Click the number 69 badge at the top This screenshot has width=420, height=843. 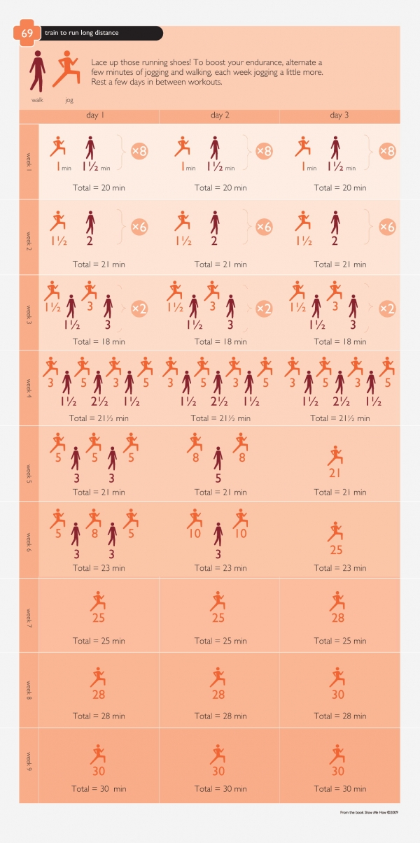click(x=27, y=33)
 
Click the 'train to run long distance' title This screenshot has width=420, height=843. click(x=81, y=33)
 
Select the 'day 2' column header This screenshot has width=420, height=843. click(x=220, y=115)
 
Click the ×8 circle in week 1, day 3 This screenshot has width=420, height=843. click(x=387, y=151)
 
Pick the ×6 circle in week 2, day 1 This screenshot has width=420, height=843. click(x=140, y=227)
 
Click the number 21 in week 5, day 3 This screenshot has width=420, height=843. click(x=337, y=474)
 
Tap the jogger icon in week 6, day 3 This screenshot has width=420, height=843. click(x=337, y=531)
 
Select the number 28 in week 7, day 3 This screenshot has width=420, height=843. click(x=337, y=618)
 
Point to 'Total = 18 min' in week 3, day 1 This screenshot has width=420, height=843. click(x=99, y=341)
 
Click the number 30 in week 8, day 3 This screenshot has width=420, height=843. click(x=337, y=695)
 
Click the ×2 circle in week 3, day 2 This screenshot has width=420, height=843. click(x=263, y=309)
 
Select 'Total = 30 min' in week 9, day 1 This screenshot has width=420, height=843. click(x=99, y=788)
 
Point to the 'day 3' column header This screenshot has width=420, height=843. click(x=339, y=115)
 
